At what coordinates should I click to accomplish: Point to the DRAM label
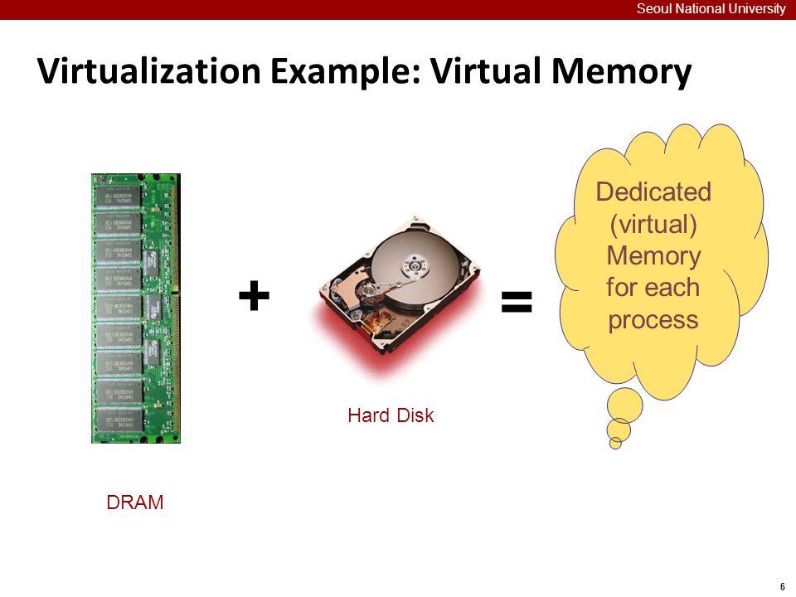click(135, 502)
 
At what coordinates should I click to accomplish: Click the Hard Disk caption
click(391, 415)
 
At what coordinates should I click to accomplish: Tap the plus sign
click(254, 296)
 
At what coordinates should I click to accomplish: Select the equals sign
click(516, 301)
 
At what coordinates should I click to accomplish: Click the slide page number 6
click(783, 586)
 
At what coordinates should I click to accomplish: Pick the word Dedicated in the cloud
click(653, 192)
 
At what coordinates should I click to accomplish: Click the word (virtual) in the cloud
click(653, 224)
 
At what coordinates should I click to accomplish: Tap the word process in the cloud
click(653, 320)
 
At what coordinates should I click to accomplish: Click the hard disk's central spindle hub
click(412, 265)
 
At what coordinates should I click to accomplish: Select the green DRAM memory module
click(135, 308)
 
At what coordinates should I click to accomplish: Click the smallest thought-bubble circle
click(615, 443)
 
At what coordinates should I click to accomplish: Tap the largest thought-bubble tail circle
click(625, 405)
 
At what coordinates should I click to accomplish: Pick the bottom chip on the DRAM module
click(119, 420)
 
